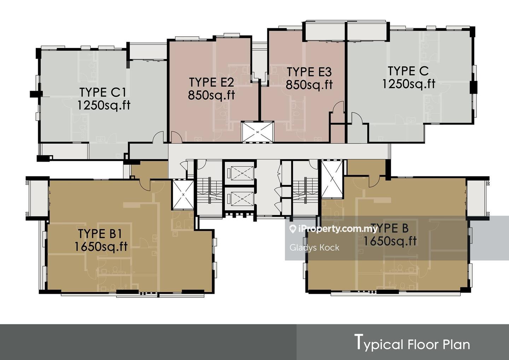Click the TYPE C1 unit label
103,92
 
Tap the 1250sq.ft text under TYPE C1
104,105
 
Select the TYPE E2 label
211,82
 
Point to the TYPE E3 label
309,72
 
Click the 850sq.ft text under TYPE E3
309,85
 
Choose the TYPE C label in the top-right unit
408,71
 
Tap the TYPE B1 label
100,234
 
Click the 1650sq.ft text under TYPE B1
101,247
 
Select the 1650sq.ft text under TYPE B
390,241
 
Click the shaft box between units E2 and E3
257,132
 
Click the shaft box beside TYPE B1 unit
183,195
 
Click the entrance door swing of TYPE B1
145,185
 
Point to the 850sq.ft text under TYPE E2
211,95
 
